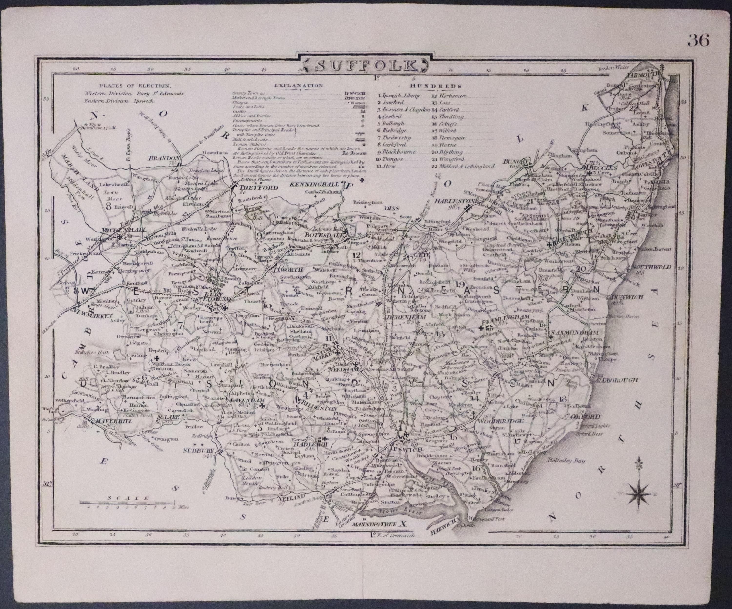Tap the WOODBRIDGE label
coord(491,421)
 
